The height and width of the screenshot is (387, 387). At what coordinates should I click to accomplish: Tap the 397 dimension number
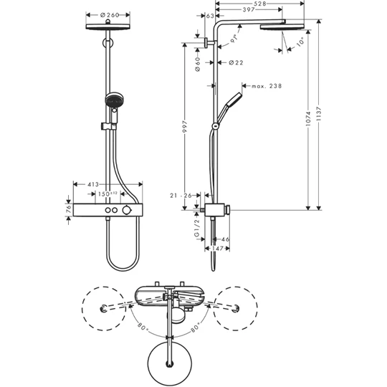pos(249,11)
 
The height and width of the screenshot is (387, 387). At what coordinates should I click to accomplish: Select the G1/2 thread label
pos(198,229)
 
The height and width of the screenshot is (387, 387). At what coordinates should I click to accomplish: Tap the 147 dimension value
pos(216,248)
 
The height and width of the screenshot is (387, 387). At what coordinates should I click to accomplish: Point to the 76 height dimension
pos(68,211)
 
